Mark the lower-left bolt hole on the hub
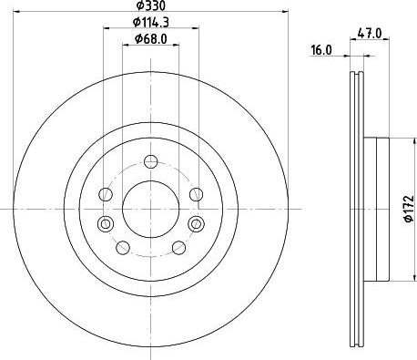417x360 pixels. (123, 246)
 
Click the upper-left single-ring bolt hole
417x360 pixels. (106, 194)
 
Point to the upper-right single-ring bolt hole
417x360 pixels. (195, 194)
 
